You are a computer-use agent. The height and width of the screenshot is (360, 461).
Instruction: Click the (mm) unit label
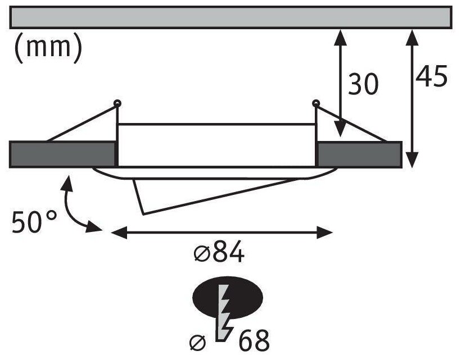[x=47, y=48]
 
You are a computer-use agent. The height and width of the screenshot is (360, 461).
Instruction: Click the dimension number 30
[x=363, y=84]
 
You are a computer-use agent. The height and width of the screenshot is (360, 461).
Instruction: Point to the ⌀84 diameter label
[x=219, y=254]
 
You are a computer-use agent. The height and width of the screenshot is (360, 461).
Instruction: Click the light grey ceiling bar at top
[x=231, y=17]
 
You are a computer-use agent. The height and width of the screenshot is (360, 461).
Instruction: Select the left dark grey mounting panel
[x=62, y=154]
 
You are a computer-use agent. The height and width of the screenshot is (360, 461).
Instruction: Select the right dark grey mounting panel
[x=359, y=154]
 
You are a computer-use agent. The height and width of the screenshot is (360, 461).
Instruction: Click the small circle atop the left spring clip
[x=117, y=103]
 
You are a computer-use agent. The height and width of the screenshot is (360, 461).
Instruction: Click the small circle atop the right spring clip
[x=315, y=103]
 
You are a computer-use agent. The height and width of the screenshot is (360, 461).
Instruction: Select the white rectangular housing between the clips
[x=216, y=144]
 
